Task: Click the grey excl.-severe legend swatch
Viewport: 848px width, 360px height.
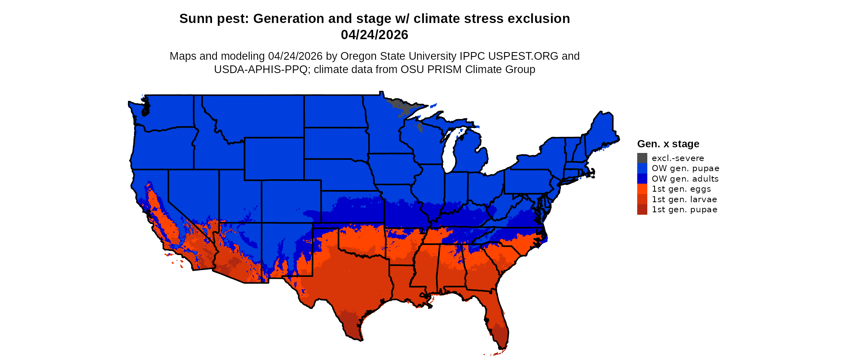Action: (x=642, y=158)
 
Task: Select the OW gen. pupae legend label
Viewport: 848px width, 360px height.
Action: (x=685, y=168)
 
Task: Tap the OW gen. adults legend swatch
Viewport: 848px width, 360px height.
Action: (x=642, y=179)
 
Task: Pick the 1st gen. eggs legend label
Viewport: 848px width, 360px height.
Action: (x=681, y=189)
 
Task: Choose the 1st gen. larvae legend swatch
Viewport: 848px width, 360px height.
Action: (x=642, y=199)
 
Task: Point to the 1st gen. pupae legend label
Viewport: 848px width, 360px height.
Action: (x=684, y=209)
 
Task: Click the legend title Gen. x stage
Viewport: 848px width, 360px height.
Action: (x=668, y=144)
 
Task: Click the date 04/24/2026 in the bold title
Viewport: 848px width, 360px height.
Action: (x=374, y=35)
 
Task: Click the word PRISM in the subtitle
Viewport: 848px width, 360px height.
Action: (x=444, y=69)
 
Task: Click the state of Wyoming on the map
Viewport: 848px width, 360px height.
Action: (x=274, y=159)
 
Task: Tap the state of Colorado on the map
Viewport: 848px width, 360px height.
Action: (x=291, y=201)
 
